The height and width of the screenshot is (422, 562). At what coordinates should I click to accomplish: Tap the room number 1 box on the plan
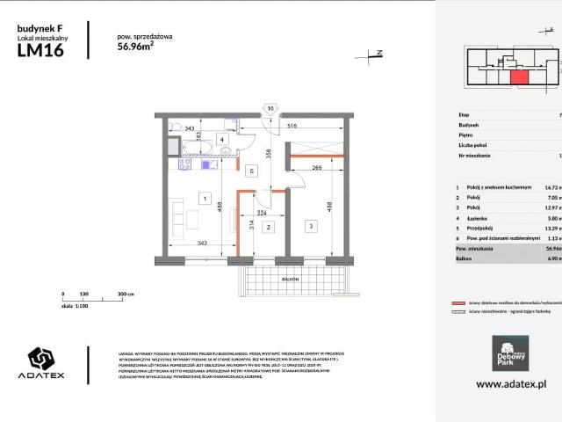point(204,199)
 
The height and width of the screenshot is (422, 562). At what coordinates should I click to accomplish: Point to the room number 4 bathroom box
point(223,140)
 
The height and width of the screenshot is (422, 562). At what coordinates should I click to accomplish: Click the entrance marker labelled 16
point(271,109)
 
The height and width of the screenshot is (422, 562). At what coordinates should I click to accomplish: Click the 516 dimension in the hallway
point(291,128)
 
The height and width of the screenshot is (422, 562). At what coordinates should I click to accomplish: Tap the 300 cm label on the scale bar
point(125,295)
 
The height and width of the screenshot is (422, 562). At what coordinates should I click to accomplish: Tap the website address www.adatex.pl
point(511,384)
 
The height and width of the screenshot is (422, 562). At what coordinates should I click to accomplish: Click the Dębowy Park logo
point(509,351)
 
